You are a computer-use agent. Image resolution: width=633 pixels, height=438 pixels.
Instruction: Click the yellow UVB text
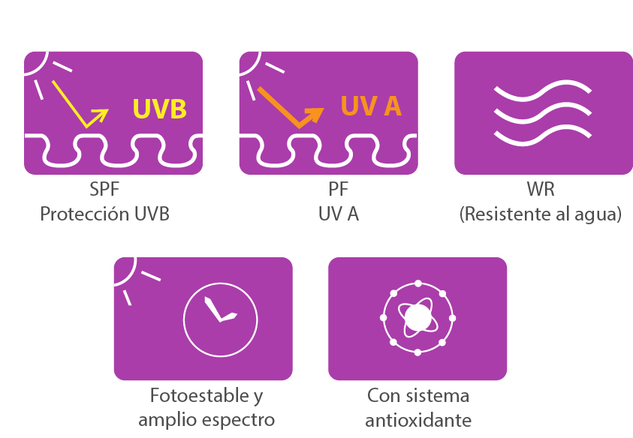tap(159, 109)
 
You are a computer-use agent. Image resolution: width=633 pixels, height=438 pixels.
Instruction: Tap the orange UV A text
tap(371, 106)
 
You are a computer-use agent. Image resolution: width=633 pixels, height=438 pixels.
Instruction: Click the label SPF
tap(104, 189)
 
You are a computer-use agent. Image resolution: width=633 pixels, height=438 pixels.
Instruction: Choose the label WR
tap(541, 189)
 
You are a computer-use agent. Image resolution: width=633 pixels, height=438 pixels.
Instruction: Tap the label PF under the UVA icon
tap(339, 189)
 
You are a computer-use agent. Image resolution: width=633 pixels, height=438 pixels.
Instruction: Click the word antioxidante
tap(418, 420)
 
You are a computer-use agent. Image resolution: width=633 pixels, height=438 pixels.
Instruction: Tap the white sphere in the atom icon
tap(417, 318)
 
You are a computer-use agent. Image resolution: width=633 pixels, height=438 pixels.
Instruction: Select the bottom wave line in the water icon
tap(543, 136)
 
